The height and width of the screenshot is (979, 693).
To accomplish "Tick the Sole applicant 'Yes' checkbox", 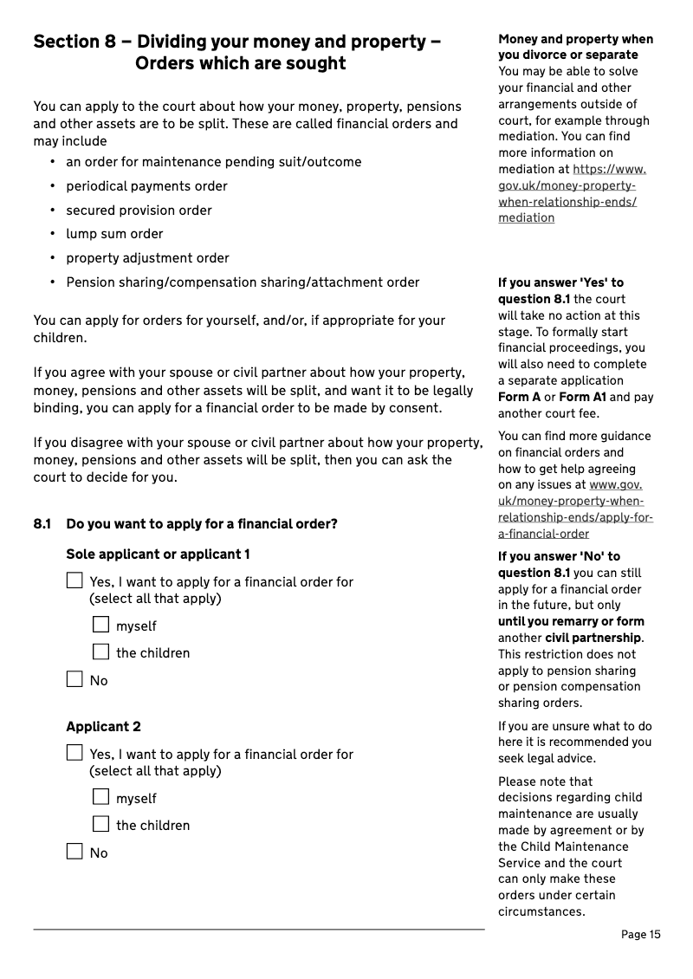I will [x=75, y=581].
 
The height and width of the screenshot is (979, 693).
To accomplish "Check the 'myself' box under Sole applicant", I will [x=101, y=625].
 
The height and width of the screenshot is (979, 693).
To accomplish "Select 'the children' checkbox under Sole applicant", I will [x=101, y=652].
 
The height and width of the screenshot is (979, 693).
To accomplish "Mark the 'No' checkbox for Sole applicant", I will [x=75, y=679].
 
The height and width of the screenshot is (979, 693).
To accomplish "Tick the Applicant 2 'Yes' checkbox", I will [x=75, y=753].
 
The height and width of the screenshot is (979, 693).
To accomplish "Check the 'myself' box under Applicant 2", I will [x=101, y=797].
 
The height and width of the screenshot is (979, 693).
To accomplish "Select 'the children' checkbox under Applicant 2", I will [x=101, y=824].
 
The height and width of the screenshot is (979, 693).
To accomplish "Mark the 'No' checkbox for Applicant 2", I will [x=75, y=852].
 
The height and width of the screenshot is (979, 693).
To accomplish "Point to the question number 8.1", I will [x=42, y=523].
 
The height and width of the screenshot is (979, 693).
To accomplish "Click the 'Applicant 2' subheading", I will [x=103, y=726].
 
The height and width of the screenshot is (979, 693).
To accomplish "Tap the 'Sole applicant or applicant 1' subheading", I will [x=158, y=554].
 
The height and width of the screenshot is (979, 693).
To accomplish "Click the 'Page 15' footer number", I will [x=640, y=934].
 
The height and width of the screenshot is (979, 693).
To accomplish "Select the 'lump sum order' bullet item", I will [x=114, y=234].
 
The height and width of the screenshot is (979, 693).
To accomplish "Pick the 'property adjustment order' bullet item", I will [x=147, y=258].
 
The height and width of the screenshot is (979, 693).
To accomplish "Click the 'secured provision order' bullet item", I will [x=139, y=210].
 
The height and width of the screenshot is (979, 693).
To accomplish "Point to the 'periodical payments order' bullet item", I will [x=146, y=186].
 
